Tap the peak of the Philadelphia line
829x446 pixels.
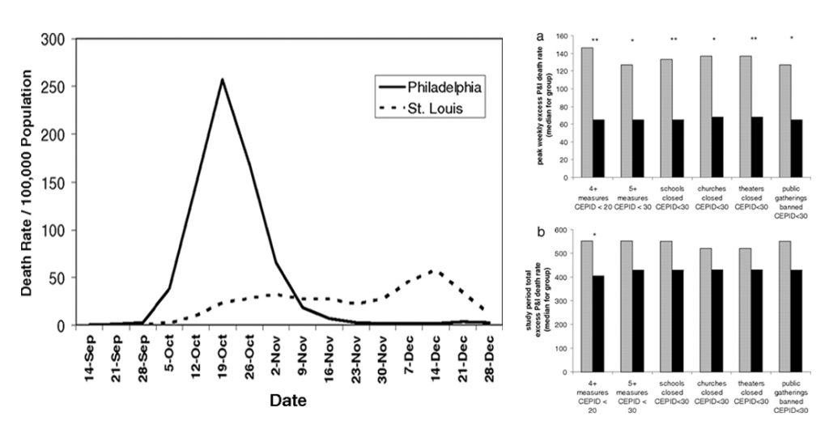pyautogui.click(x=222, y=79)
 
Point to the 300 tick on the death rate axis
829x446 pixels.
pyautogui.click(x=55, y=40)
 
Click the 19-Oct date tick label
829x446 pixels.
pyautogui.click(x=222, y=357)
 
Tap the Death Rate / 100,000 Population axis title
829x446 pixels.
pyautogui.click(x=27, y=182)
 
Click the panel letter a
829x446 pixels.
pyautogui.click(x=540, y=36)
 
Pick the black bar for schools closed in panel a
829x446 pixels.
pyautogui.click(x=677, y=148)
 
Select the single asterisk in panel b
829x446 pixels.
pyautogui.click(x=594, y=236)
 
